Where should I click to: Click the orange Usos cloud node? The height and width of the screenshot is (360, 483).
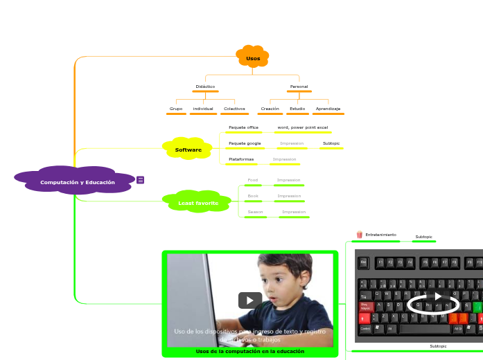coord(253,58)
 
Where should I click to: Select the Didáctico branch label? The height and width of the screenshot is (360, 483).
coord(205,87)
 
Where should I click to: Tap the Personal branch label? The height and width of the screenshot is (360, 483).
coord(299,87)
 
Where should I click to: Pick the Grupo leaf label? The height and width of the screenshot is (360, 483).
coord(176,109)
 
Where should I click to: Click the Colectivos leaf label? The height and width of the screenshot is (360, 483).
coord(234,109)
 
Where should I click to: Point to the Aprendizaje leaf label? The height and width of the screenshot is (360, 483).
coord(328,109)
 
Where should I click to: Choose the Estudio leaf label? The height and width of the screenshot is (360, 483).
coord(297,109)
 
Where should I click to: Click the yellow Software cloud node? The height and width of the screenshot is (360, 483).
coord(188,150)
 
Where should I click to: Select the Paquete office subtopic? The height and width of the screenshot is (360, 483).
coord(243,127)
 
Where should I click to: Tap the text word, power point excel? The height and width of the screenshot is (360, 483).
coord(302,127)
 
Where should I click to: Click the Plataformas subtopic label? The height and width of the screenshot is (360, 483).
coord(241,159)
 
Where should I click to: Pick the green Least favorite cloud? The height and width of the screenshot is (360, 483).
coord(198,203)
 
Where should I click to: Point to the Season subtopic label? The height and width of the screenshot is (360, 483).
coord(255,212)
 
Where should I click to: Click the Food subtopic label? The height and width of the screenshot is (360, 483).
coord(253,180)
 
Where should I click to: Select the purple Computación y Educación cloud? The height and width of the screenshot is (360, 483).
coord(78,182)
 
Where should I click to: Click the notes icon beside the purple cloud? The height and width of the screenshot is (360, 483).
coord(141,180)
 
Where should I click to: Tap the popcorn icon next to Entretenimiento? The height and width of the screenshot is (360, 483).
coord(359,235)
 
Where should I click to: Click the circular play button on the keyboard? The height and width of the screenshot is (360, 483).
coord(437,296)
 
